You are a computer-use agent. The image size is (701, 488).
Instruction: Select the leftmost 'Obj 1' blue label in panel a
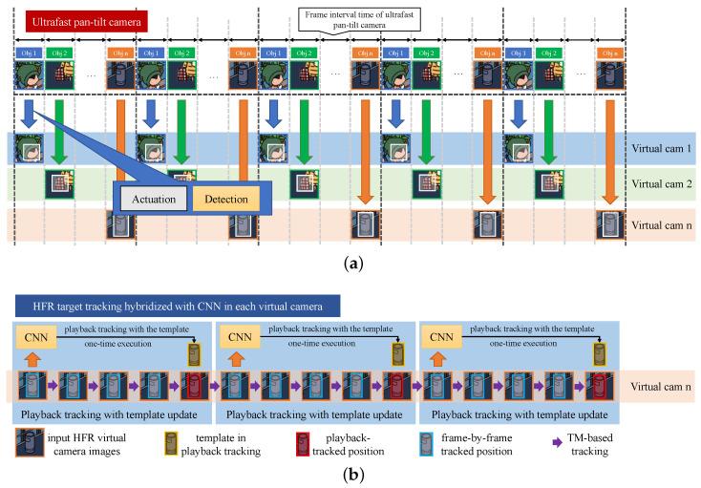pyautogui.click(x=29, y=52)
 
